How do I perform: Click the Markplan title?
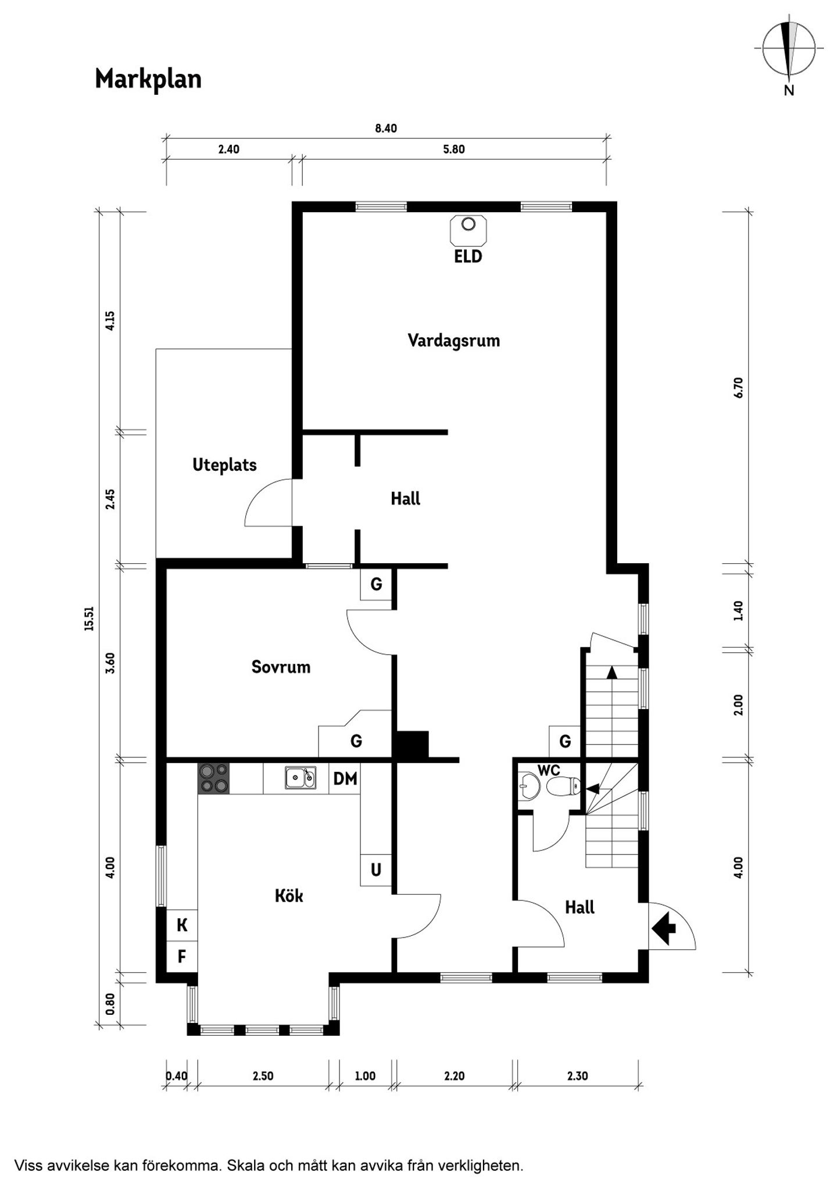click(148, 79)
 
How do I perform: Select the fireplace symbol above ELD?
click(468, 230)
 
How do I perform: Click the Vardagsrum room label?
click(453, 340)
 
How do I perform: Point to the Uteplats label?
click(224, 465)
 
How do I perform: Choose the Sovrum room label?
click(281, 667)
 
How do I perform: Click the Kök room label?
click(289, 896)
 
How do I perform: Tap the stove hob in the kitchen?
click(213, 778)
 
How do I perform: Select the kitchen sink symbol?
click(301, 778)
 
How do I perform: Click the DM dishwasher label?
click(345, 778)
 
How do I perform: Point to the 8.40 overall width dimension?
click(386, 128)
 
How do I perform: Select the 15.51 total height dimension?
click(88, 619)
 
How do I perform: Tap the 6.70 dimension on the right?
click(738, 387)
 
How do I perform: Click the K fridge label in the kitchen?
click(182, 925)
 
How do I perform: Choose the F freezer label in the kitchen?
click(182, 956)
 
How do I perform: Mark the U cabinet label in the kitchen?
click(376, 870)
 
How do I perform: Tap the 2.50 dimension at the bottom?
click(263, 1076)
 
